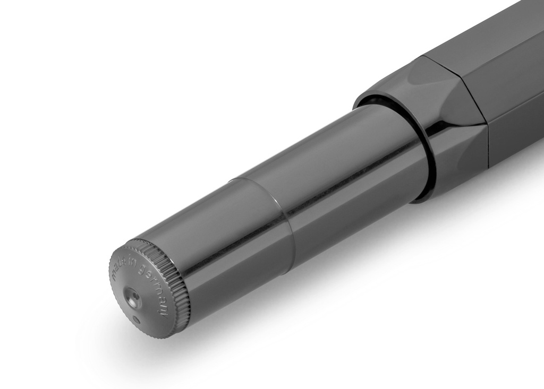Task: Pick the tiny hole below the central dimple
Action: (137, 320)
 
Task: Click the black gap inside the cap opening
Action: (372, 101)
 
